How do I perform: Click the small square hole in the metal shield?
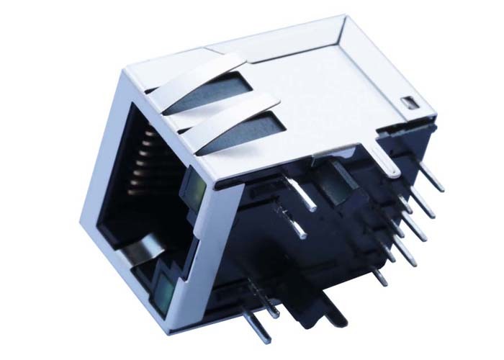point(405,102)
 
